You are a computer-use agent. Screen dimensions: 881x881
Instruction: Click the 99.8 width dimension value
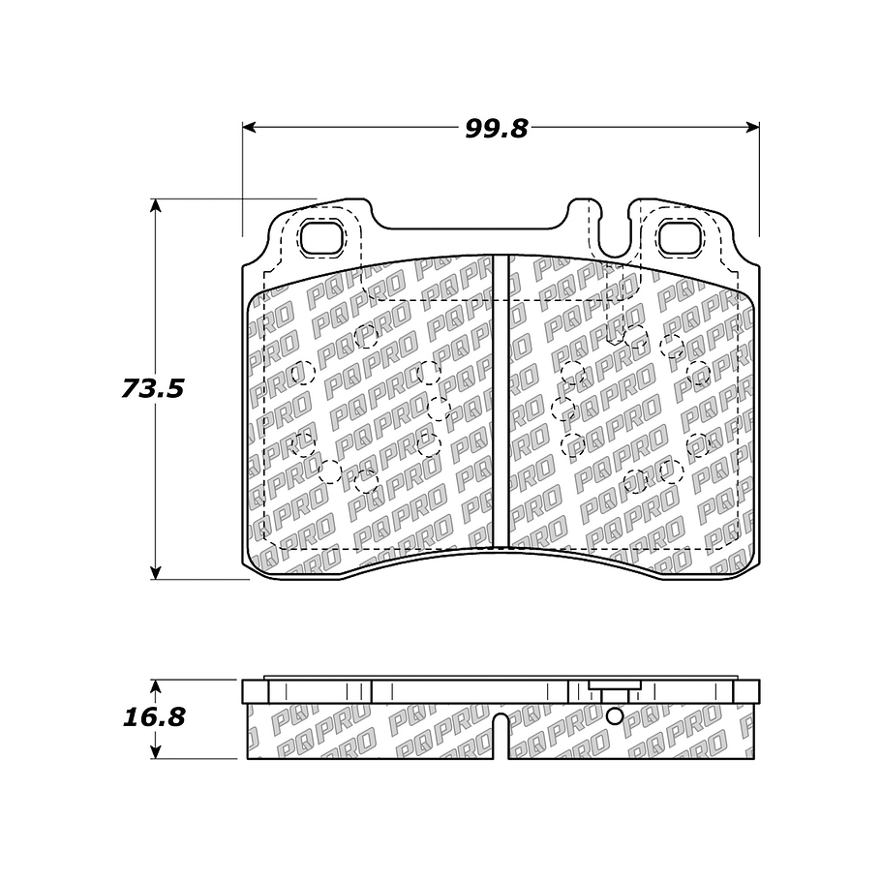[497, 129]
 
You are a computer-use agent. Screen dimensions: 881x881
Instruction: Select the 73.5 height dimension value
[153, 388]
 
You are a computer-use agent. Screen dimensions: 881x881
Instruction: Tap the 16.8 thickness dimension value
[154, 717]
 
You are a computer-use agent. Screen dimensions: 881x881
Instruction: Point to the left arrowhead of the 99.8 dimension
[250, 128]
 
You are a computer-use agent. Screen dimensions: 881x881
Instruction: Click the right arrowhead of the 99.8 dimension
[752, 128]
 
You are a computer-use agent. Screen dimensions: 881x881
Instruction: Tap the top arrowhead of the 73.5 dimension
[156, 205]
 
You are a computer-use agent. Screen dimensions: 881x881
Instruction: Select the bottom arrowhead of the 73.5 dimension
[156, 572]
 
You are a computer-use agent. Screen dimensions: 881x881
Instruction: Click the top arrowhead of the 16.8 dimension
[156, 686]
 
